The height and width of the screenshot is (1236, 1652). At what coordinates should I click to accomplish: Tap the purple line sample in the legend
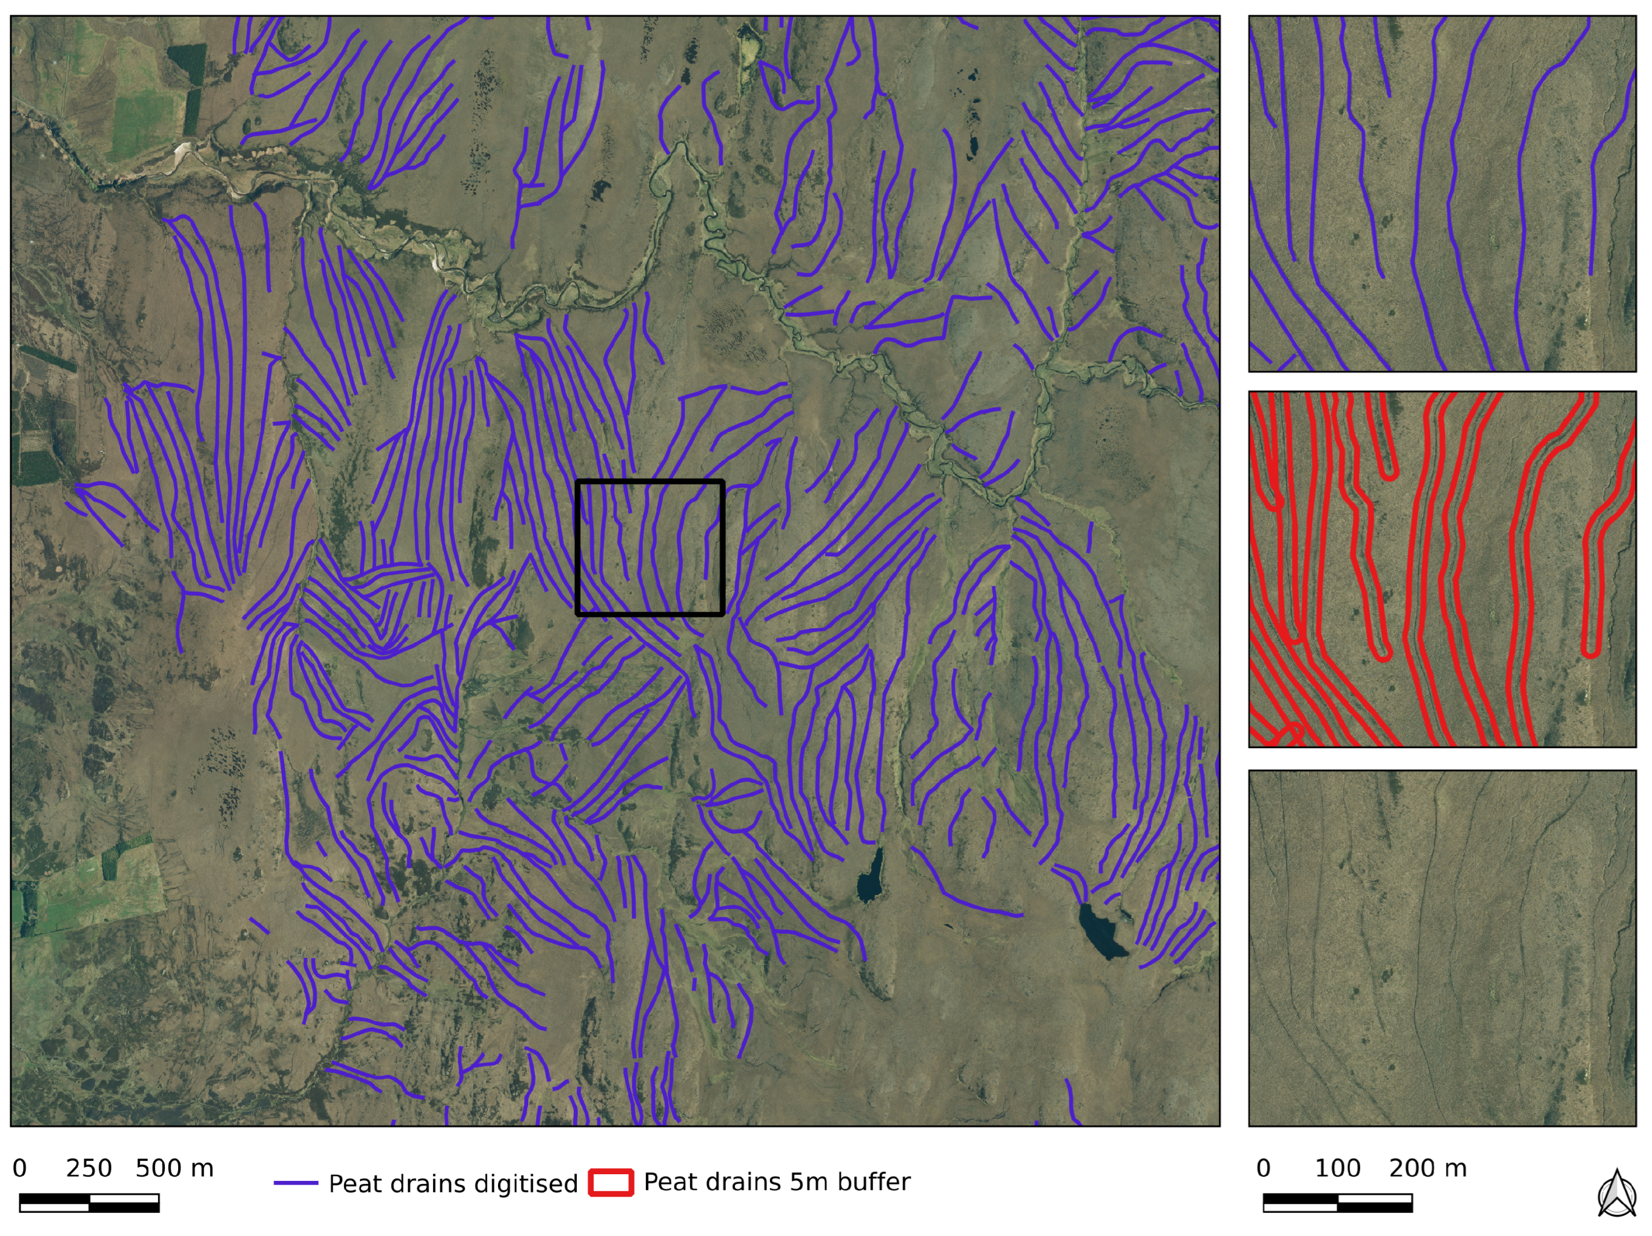click(x=296, y=1183)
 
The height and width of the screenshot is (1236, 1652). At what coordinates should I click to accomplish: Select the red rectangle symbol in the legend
click(x=610, y=1182)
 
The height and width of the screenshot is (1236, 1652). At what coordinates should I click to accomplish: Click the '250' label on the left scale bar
click(x=89, y=1168)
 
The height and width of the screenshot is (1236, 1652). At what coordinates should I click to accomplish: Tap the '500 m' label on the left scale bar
click(x=174, y=1168)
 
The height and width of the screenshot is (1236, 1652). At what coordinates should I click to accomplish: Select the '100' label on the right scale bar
click(x=1338, y=1168)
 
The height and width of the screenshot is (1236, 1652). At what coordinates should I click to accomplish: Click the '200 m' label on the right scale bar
click(x=1427, y=1168)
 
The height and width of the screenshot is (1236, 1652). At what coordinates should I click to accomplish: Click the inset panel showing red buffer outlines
click(x=1442, y=569)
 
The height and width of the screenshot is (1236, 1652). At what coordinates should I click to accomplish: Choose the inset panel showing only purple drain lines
click(x=1442, y=194)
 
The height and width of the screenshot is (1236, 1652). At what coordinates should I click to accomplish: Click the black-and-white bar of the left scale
click(x=89, y=1203)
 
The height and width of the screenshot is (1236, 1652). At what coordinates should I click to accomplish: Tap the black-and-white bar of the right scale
click(x=1337, y=1203)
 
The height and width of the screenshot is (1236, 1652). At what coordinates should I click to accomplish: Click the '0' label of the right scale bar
click(x=1264, y=1168)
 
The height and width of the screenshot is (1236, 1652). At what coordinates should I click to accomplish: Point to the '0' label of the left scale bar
click(x=20, y=1168)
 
